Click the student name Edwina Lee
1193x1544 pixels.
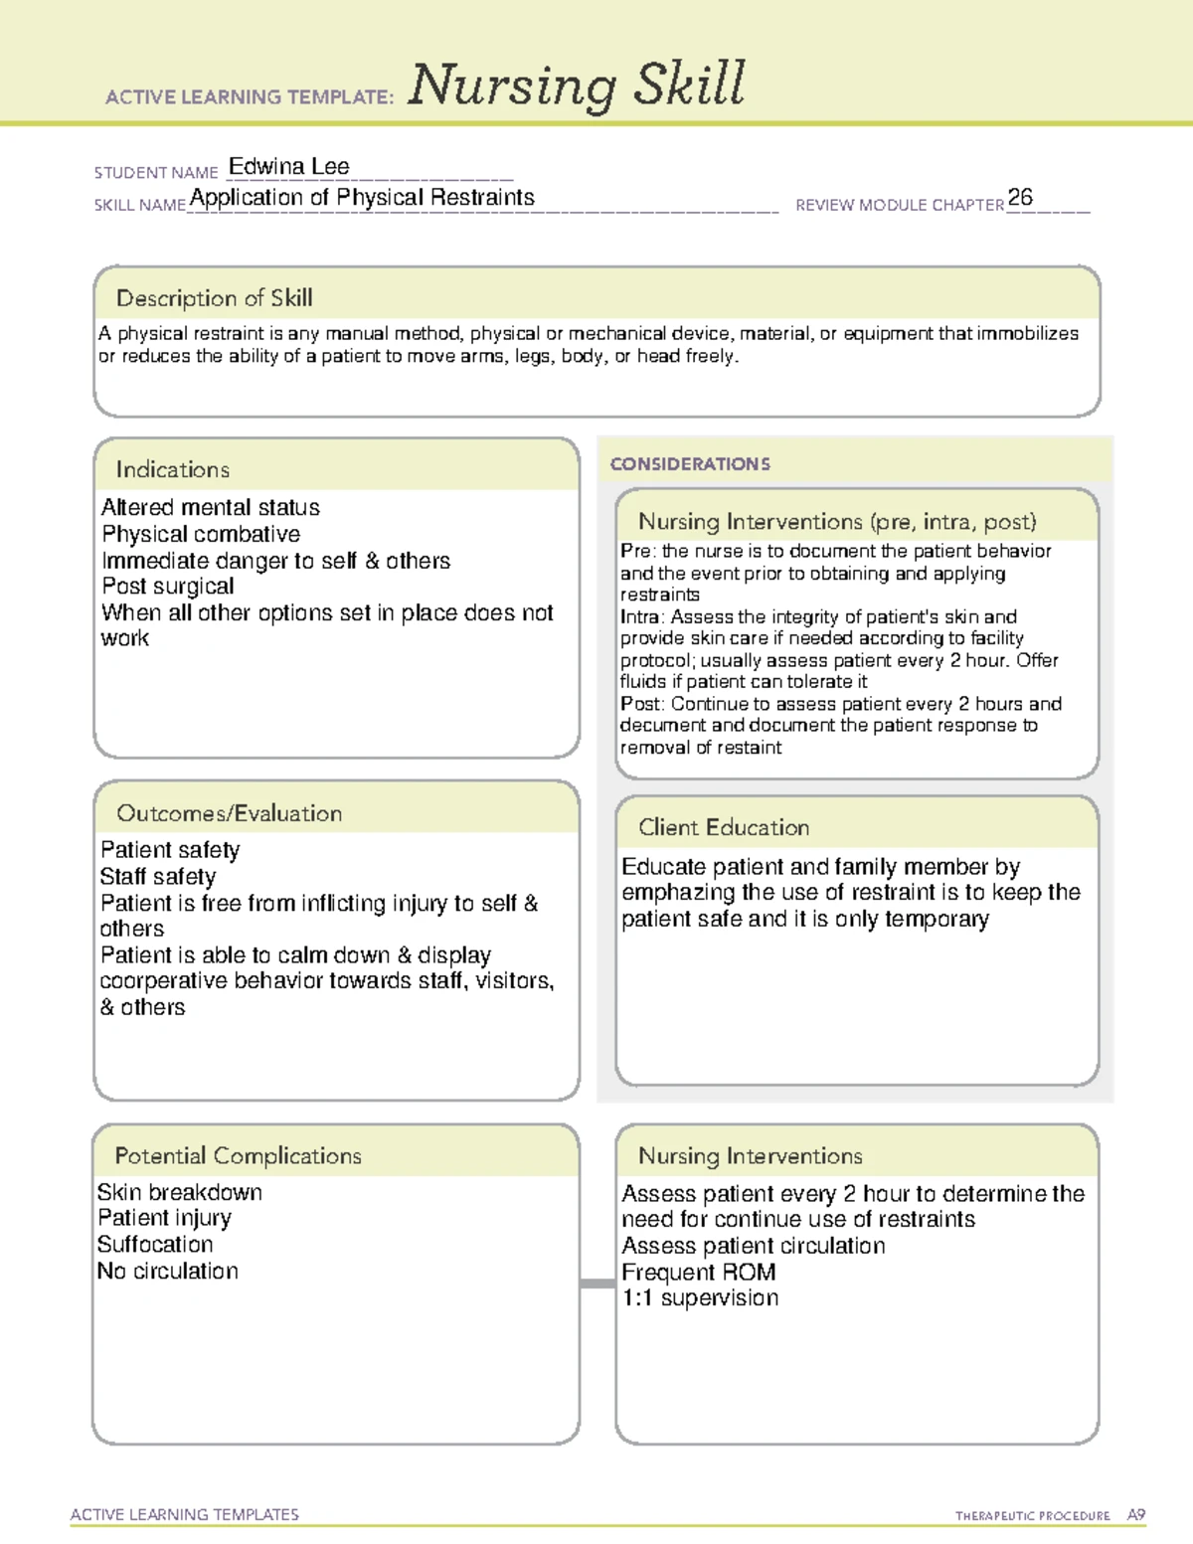288,167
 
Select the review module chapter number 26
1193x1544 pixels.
1020,197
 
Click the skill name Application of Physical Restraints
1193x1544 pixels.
362,198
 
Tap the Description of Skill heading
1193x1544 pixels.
214,298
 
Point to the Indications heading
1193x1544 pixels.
173,469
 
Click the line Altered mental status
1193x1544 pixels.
211,508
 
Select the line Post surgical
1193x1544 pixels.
168,587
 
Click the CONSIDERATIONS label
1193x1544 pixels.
690,464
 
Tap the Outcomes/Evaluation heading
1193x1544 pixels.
229,813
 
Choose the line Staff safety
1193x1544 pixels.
158,877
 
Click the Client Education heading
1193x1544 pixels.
724,827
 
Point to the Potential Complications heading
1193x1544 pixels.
238,1156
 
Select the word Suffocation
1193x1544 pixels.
155,1245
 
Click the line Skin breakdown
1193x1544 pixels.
180,1192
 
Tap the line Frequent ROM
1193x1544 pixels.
699,1273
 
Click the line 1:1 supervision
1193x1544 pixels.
700,1298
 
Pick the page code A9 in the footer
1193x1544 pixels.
1136,1515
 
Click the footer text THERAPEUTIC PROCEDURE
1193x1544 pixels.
1033,1516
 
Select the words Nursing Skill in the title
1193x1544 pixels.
577,85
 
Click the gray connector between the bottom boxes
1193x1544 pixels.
597,1284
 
